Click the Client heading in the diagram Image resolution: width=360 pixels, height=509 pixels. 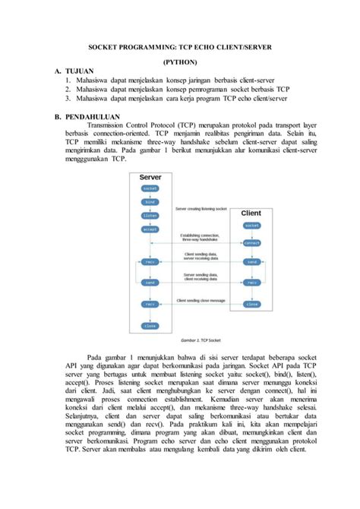click(x=251, y=213)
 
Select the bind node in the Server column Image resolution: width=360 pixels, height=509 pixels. click(x=150, y=203)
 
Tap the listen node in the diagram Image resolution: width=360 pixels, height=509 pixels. click(x=150, y=216)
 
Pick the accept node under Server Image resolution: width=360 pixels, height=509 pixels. click(x=150, y=228)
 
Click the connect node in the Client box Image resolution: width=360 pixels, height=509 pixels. click(x=251, y=243)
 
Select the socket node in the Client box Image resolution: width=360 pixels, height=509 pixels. click(x=251, y=226)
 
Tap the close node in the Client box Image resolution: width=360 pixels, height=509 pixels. click(x=251, y=303)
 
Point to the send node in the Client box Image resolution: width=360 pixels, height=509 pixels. click(x=251, y=261)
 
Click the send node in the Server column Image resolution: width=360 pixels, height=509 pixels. click(x=150, y=281)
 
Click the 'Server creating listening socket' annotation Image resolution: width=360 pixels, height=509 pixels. click(x=201, y=207)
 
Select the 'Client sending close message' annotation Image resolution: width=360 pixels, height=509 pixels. click(x=201, y=300)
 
